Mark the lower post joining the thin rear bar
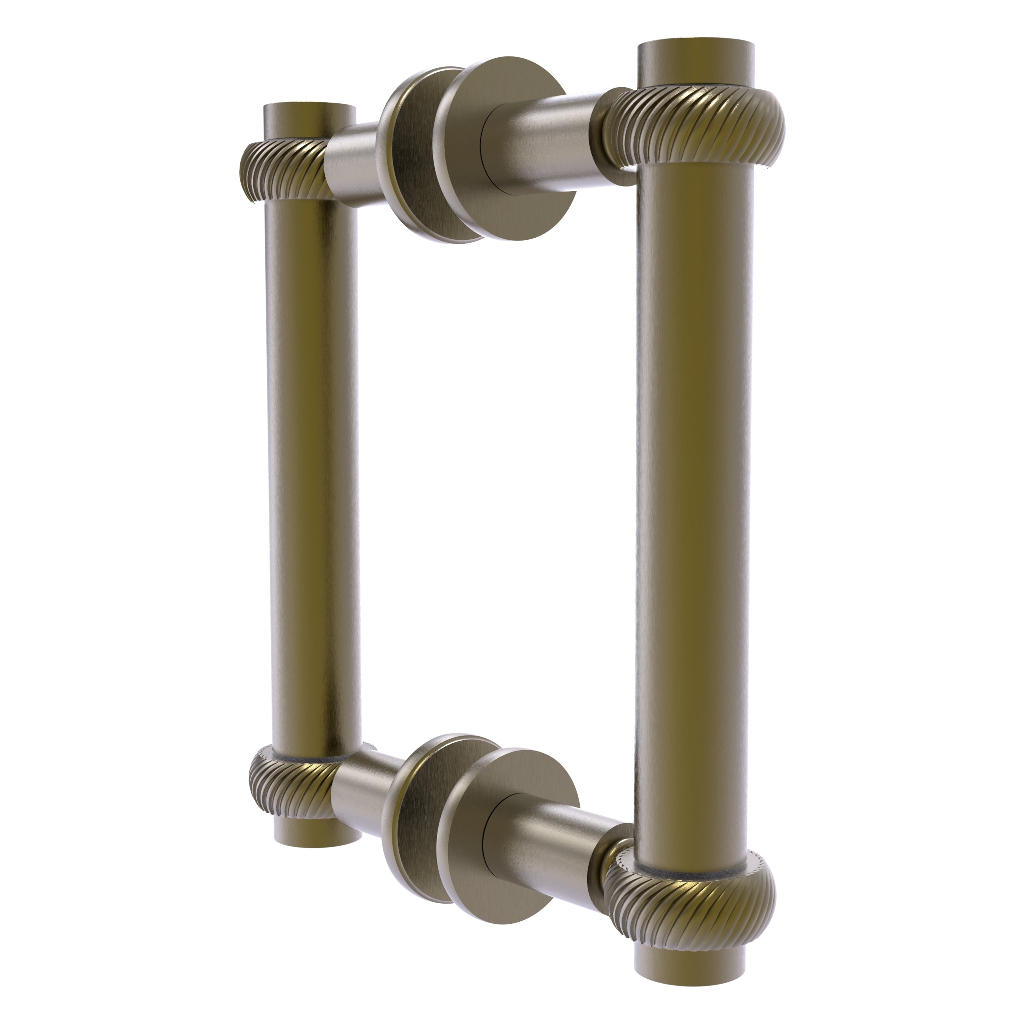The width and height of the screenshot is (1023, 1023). click(360, 794)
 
